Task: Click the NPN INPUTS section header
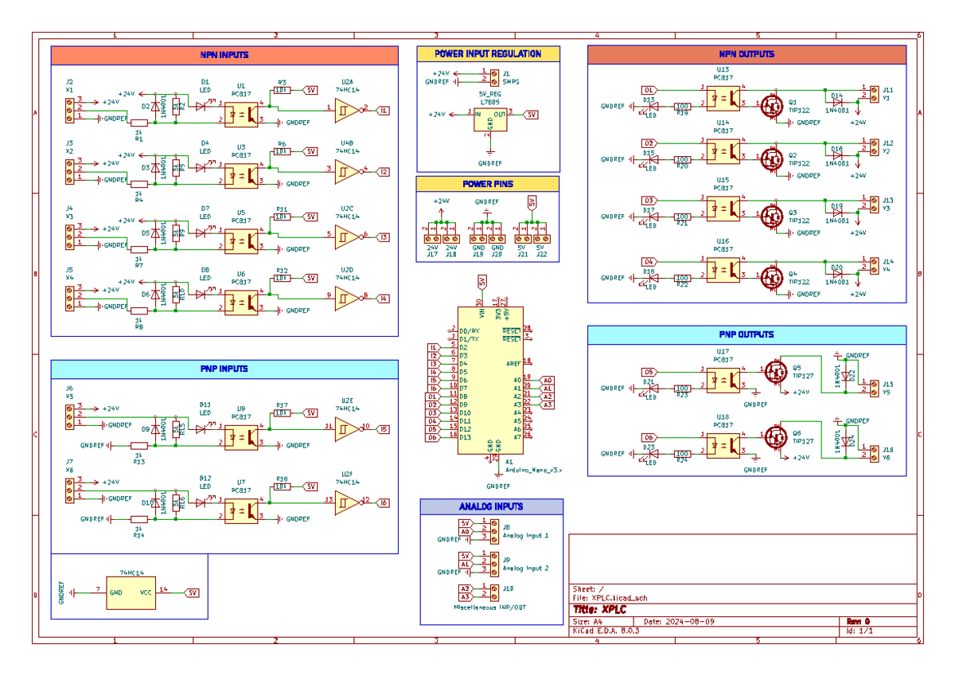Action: click(224, 56)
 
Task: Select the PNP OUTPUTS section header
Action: click(746, 334)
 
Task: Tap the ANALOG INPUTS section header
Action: click(491, 506)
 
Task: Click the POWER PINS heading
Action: click(487, 184)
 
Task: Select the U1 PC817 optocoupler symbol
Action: click(241, 113)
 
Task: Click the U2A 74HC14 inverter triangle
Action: click(346, 108)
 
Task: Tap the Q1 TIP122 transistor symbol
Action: click(770, 105)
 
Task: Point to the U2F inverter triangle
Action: click(346, 501)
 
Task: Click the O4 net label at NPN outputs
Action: click(649, 262)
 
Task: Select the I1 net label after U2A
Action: click(383, 111)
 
